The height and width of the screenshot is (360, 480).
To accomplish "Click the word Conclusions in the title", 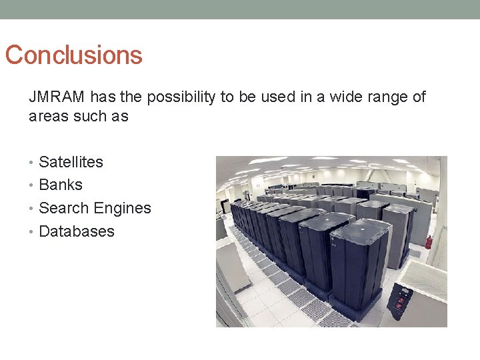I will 73,55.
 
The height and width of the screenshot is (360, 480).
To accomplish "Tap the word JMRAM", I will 57,97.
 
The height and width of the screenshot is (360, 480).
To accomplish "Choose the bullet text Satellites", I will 71,162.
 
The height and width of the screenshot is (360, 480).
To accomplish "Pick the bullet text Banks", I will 61,185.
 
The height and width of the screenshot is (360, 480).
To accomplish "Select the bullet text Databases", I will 77,231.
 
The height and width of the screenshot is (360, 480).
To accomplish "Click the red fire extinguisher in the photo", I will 428,242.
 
